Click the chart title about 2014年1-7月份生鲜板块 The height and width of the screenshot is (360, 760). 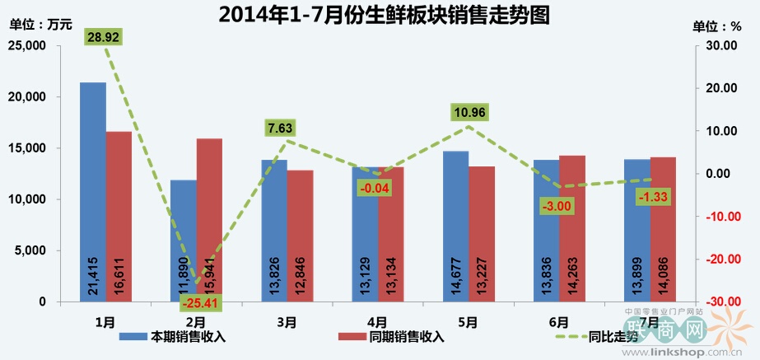pyautogui.click(x=384, y=15)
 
